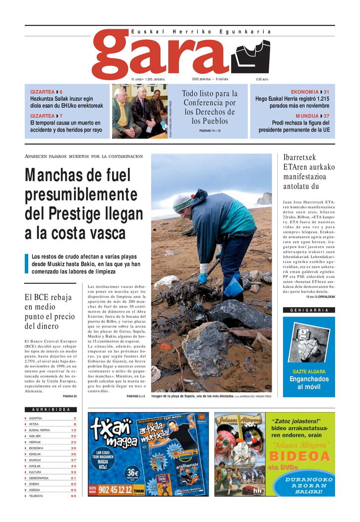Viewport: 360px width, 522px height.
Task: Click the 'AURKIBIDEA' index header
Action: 51,410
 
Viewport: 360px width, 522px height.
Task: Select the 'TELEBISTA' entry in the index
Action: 36,496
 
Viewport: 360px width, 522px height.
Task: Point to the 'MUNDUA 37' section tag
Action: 312,116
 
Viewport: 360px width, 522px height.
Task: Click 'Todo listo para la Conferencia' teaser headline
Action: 210,107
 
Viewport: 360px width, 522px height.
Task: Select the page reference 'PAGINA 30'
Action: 70,396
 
